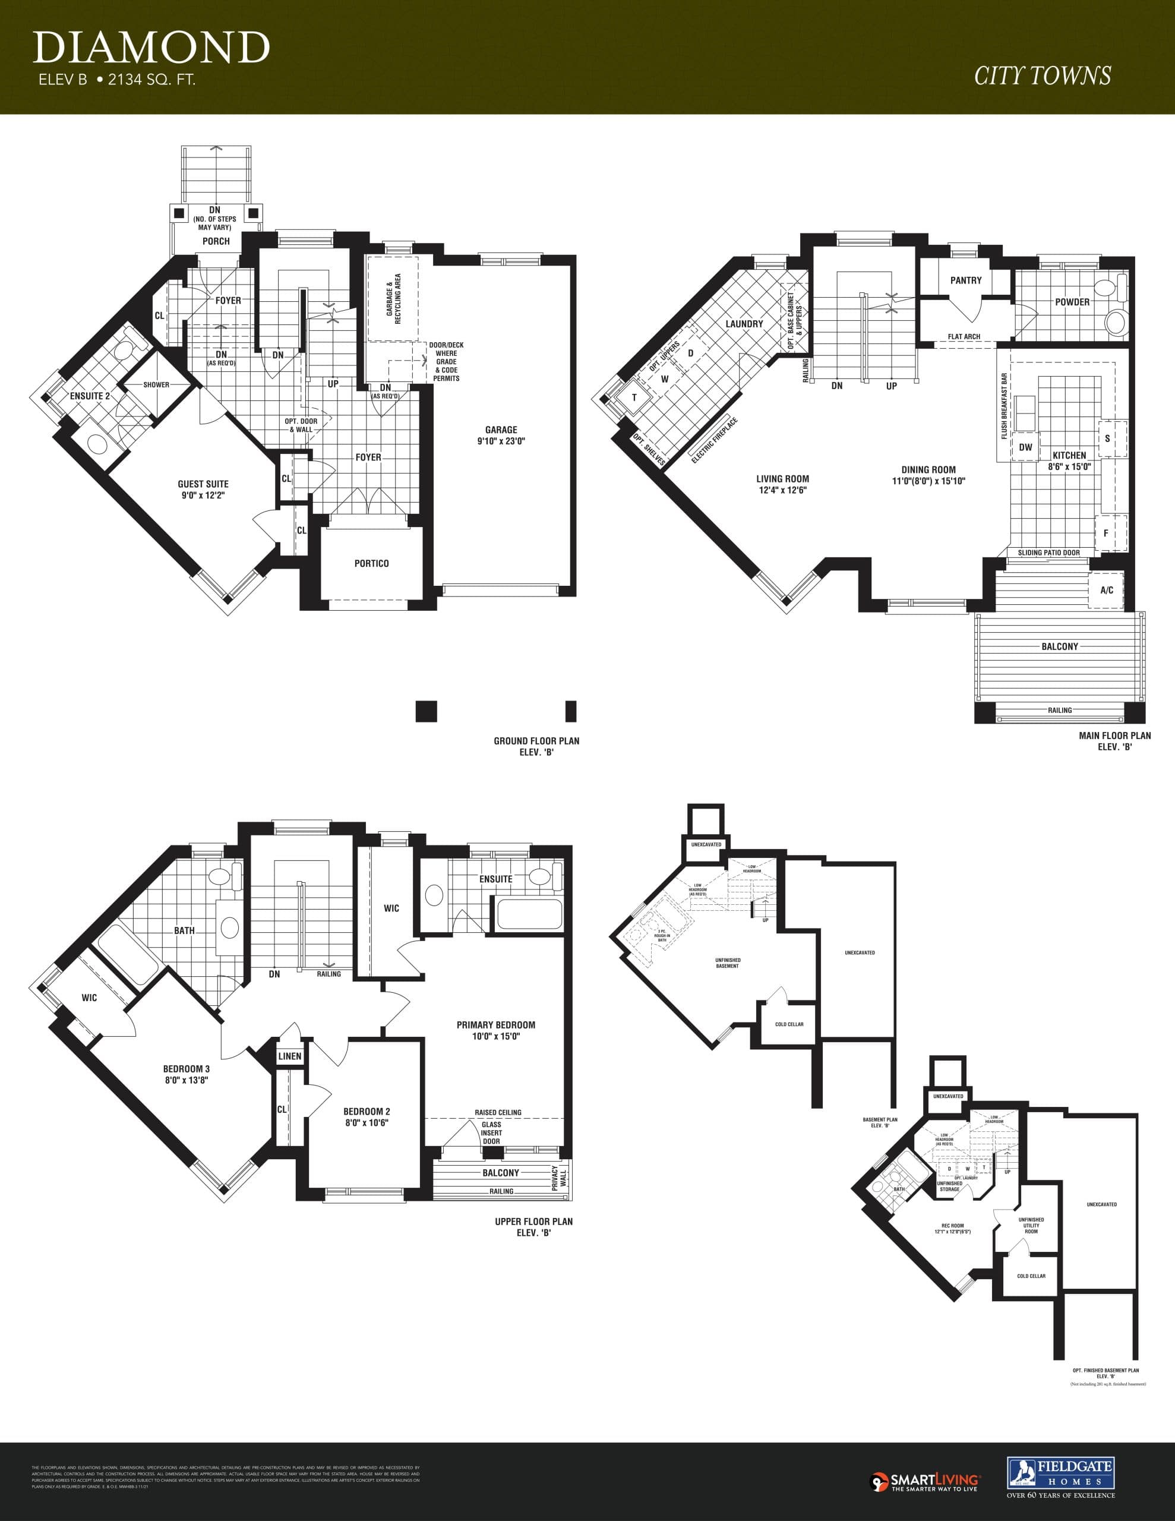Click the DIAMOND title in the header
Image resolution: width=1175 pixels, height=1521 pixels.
tap(150, 48)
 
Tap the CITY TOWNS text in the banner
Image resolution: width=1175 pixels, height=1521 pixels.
tap(1042, 76)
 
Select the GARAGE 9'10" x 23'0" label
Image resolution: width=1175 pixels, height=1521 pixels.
tap(501, 436)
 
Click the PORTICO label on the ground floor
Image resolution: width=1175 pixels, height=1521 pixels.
tap(371, 563)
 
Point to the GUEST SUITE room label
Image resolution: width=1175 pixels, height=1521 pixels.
tap(203, 489)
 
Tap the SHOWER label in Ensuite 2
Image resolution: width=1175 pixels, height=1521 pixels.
tap(156, 384)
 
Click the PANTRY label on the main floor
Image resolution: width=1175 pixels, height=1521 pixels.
tap(965, 280)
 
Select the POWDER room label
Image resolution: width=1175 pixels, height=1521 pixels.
tap(1072, 302)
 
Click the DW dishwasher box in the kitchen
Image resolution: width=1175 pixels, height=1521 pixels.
tap(1025, 447)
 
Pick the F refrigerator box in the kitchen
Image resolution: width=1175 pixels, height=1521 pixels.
tap(1106, 534)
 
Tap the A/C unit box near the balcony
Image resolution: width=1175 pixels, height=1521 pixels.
tap(1106, 590)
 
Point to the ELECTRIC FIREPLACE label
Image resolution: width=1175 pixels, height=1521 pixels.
tap(715, 440)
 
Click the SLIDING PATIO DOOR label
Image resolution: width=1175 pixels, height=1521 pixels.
tap(1048, 553)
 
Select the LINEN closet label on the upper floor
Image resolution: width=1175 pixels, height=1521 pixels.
tap(290, 1056)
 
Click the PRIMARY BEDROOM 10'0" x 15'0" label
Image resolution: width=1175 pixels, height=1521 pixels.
tap(496, 1030)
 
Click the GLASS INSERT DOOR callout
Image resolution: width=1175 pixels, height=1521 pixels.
tap(491, 1132)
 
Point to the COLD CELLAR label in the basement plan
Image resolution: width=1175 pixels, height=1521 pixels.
tap(789, 1024)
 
